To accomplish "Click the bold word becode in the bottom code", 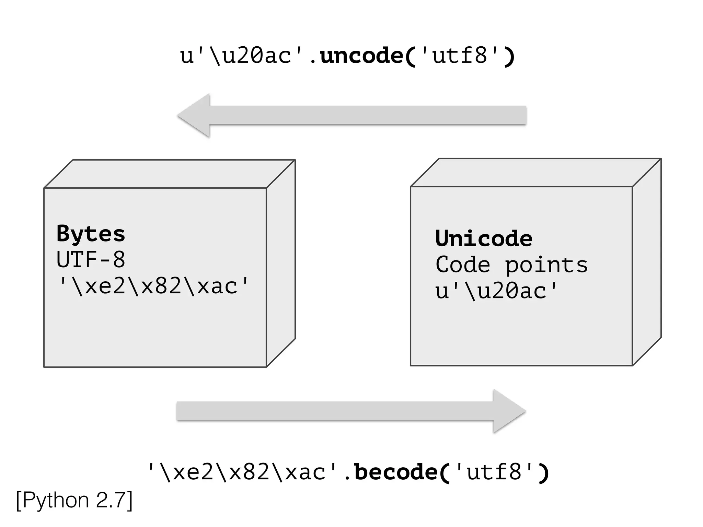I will pos(395,472).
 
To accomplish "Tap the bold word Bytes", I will pos(91,234).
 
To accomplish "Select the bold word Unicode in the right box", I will pos(484,238).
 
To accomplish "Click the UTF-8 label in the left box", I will pos(91,260).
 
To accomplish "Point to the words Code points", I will pos(511,265).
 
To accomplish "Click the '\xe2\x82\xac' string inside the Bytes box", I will pos(153,286).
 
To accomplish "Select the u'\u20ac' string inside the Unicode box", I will pos(497,291).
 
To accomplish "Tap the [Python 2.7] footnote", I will pos(74,500).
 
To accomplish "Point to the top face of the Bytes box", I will pos(170,174).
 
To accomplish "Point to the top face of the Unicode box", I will pos(535,173).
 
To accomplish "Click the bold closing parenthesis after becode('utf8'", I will pos(543,473).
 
